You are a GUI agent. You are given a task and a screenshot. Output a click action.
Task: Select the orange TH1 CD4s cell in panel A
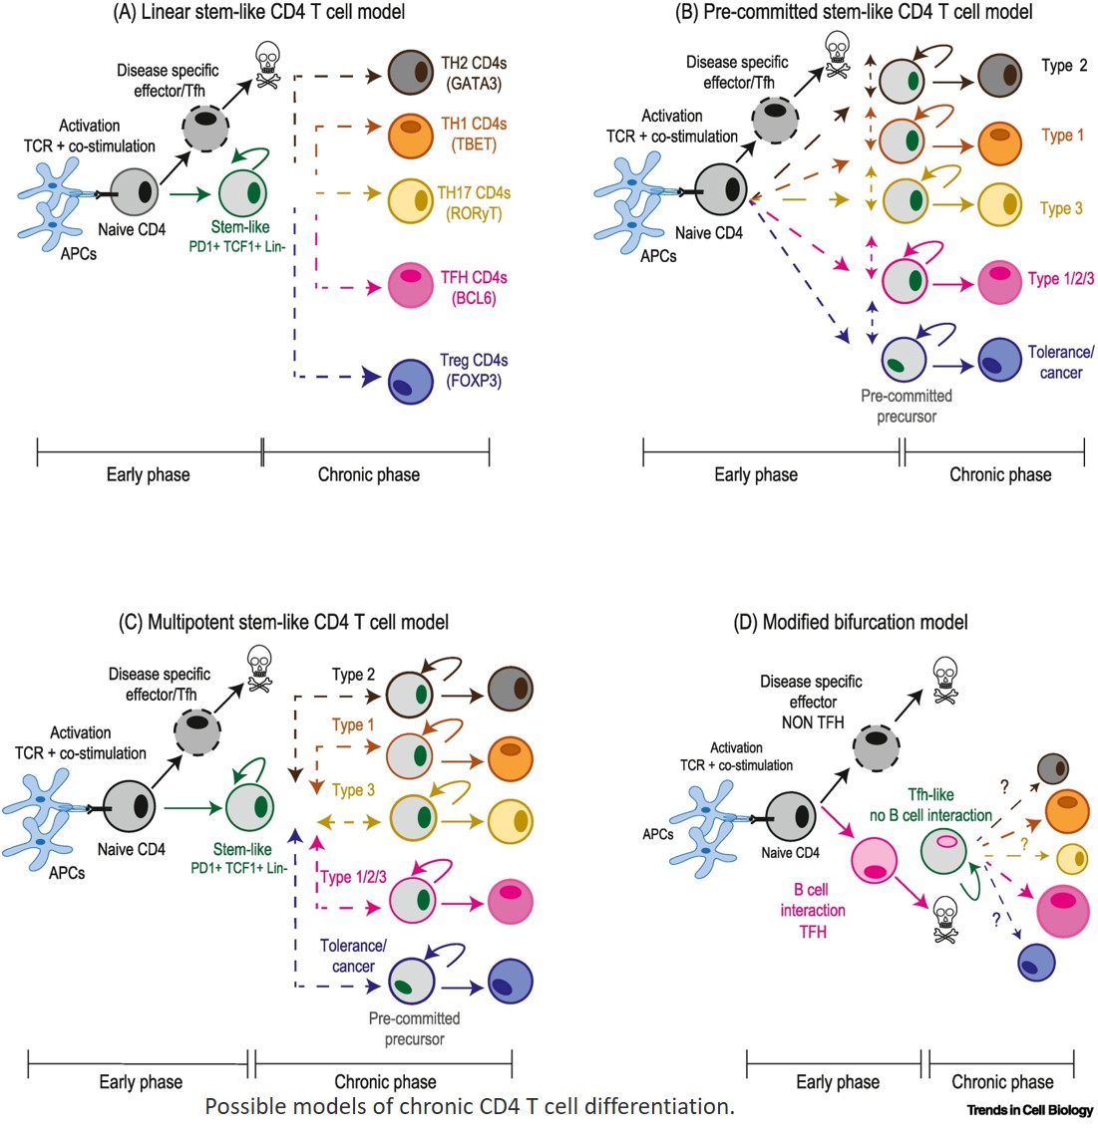[x=408, y=136]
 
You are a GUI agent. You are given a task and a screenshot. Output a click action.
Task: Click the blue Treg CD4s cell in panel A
[x=408, y=380]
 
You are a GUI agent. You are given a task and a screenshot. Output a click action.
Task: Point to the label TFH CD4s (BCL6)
[x=474, y=287]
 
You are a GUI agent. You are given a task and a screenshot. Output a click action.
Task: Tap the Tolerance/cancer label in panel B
[x=1061, y=362]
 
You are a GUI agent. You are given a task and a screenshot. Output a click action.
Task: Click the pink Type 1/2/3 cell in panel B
[x=999, y=282]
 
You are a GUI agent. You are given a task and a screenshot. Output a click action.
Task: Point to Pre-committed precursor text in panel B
[x=906, y=406]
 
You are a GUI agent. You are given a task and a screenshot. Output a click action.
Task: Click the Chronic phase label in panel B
[x=999, y=474]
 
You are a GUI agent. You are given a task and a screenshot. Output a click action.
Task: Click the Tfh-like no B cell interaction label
[x=929, y=805]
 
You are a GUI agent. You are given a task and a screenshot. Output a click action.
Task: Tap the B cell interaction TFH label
[x=813, y=910]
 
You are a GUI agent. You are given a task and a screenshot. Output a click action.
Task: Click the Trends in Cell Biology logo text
[x=1029, y=1109]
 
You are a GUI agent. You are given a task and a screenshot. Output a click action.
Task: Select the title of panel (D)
[x=850, y=622]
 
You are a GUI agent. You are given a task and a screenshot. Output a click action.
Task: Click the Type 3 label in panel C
[x=353, y=790]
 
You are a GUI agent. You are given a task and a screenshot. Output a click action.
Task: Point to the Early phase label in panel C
[x=141, y=1081]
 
